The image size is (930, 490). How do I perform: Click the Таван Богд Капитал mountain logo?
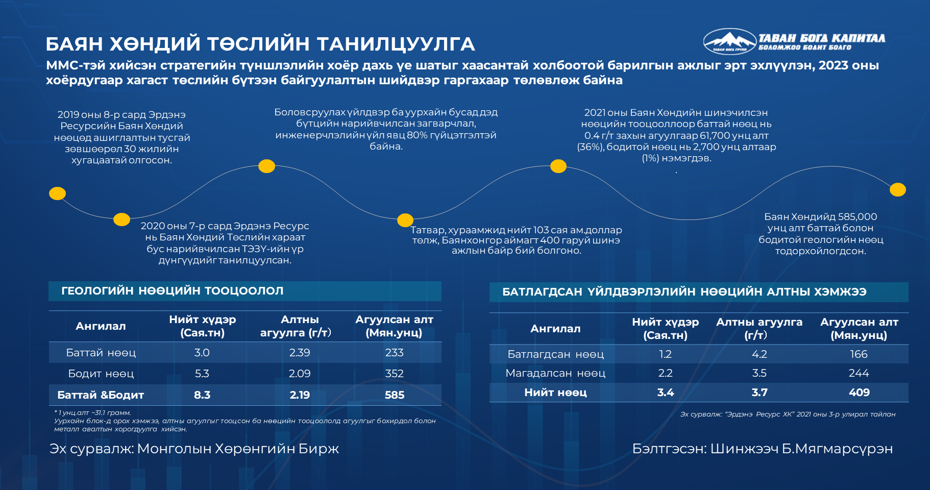(x=729, y=41)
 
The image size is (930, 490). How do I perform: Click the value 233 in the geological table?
(x=395, y=353)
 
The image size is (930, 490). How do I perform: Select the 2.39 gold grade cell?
(x=300, y=353)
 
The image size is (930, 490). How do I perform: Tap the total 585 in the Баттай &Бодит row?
(x=395, y=395)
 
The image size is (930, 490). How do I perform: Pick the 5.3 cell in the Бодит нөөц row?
(x=202, y=374)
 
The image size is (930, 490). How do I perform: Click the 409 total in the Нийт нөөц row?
(x=859, y=393)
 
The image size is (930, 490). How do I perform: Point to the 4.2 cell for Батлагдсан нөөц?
(x=760, y=354)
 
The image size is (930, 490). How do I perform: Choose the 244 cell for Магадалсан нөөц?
(x=859, y=373)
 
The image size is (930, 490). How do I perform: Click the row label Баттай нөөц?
(x=101, y=353)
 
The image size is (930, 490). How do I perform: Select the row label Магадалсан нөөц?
(x=555, y=373)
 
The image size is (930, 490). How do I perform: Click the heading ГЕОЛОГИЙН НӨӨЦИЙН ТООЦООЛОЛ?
(x=173, y=291)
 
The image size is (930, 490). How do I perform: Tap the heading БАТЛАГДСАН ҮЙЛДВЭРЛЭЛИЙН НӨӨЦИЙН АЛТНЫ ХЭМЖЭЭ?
(x=684, y=292)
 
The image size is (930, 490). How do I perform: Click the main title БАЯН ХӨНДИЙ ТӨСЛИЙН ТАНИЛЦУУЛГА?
(x=260, y=44)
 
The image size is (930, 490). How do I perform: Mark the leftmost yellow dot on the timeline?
(x=57, y=193)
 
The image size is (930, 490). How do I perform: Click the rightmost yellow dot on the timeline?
(x=898, y=190)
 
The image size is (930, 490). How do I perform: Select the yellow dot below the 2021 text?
(x=558, y=166)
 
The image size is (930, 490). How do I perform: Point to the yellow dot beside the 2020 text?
(x=121, y=219)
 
